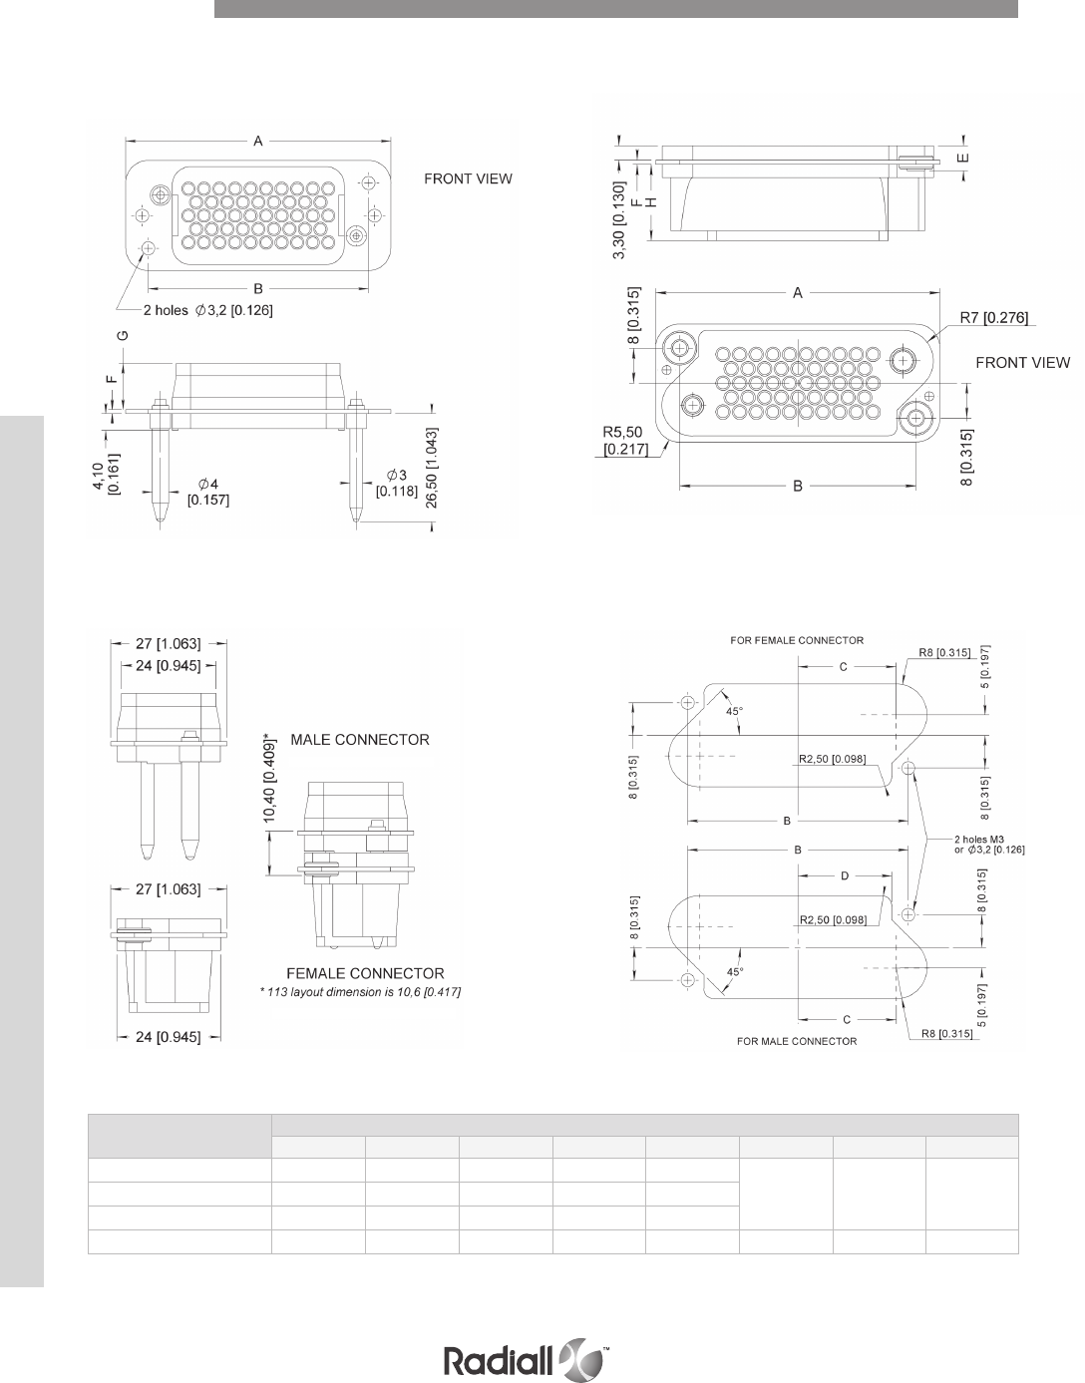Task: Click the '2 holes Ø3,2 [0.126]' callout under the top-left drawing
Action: point(208,310)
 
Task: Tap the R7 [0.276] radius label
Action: point(993,318)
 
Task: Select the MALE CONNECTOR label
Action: point(359,740)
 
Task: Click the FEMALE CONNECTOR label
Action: point(365,973)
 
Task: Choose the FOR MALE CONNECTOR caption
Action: point(797,1041)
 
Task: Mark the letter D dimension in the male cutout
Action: point(844,875)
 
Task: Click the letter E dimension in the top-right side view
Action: point(963,157)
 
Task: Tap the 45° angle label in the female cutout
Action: point(734,710)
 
